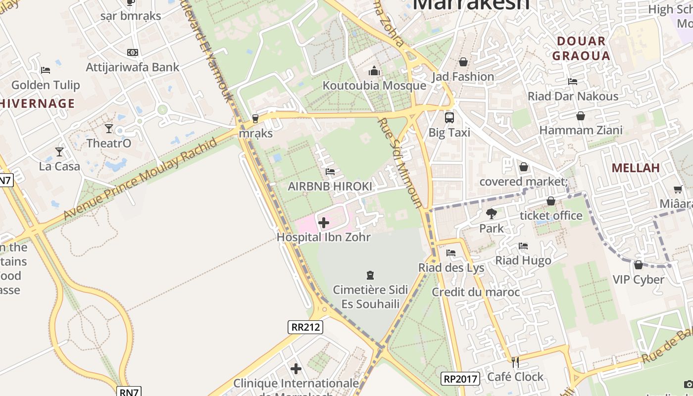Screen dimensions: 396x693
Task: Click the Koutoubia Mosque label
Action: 374,86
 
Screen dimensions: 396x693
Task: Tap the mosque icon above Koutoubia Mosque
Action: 374,71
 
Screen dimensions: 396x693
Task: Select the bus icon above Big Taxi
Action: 449,118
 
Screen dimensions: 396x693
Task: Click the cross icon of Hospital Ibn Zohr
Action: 324,223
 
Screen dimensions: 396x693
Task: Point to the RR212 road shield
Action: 305,327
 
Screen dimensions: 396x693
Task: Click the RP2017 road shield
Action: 460,379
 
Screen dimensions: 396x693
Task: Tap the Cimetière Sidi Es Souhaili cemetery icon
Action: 370,275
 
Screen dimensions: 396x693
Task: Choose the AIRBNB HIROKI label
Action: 330,186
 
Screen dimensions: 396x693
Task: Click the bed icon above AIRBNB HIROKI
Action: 330,172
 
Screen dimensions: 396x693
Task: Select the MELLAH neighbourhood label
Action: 636,168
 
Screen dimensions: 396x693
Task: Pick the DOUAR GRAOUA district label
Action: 581,49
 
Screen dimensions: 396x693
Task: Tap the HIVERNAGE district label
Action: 38,103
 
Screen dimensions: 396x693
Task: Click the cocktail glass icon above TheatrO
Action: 109,129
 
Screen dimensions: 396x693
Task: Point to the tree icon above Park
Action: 492,214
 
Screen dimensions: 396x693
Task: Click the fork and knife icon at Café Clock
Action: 515,362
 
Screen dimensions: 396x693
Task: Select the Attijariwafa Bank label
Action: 133,67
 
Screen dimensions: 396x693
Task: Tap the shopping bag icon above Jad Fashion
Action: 463,62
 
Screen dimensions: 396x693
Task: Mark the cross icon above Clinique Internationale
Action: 296,369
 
